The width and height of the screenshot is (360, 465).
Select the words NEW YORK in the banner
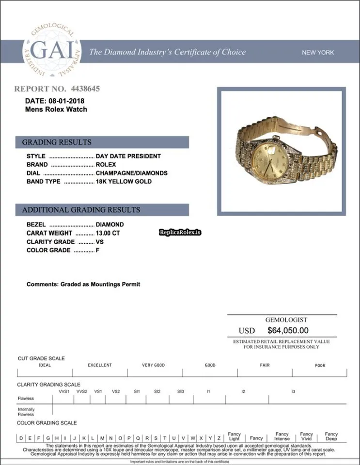click(318, 52)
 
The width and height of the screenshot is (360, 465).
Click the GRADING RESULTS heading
click(57, 142)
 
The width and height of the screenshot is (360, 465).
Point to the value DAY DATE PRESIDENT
click(128, 156)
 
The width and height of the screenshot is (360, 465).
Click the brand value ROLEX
click(106, 165)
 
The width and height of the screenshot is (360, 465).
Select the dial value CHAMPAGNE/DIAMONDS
click(131, 173)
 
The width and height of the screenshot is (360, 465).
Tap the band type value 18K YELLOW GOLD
click(124, 182)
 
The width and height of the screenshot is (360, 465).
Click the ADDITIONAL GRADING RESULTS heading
click(81, 210)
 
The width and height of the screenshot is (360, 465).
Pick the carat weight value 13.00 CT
click(110, 233)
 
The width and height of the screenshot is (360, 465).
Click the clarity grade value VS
click(100, 242)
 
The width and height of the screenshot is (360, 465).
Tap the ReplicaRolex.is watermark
click(180, 233)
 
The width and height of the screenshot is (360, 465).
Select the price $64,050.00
click(288, 330)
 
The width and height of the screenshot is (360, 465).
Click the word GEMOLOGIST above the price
click(286, 320)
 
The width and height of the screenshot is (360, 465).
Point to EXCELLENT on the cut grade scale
click(100, 365)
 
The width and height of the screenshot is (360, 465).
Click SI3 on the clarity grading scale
click(180, 391)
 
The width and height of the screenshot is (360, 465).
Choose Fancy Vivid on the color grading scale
click(306, 436)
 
